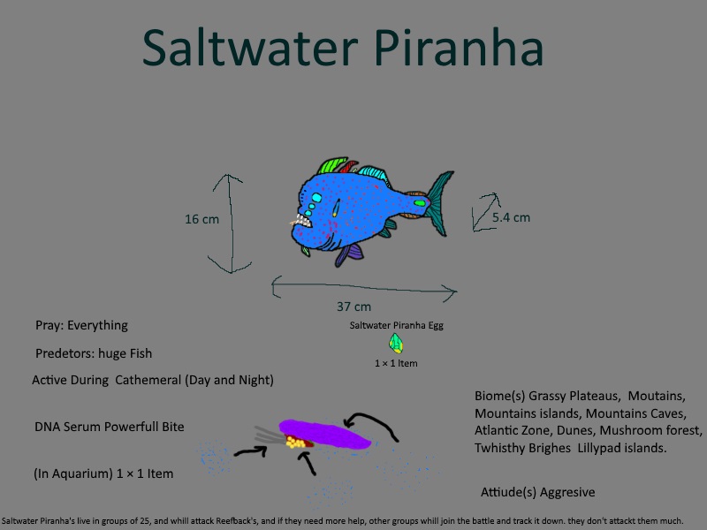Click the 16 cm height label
pos(202,219)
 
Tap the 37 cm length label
pos(354,307)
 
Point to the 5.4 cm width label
pos(511,217)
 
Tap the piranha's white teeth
pos(301,221)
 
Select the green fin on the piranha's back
pos(331,165)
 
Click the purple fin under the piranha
pos(349,254)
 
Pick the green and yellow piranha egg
pos(396,344)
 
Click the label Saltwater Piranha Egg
pos(396,325)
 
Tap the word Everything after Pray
pos(97,326)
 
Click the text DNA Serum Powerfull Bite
pos(110,427)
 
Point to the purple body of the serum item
pos(324,434)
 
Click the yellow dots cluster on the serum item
pos(295,443)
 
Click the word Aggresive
pos(567,493)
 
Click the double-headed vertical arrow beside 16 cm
pos(231,224)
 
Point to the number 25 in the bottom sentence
pos(144,521)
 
